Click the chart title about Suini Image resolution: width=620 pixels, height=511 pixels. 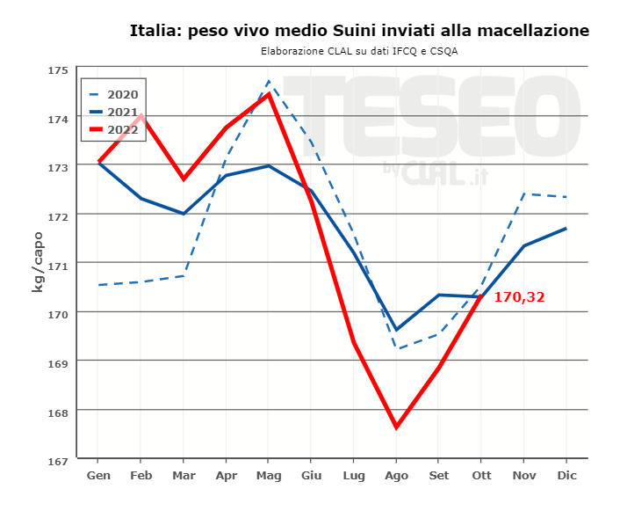click(x=359, y=31)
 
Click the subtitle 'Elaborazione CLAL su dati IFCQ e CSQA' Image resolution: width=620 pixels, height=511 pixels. click(x=359, y=51)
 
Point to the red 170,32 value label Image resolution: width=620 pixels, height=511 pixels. click(x=519, y=297)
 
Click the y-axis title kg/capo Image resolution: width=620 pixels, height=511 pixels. click(x=38, y=261)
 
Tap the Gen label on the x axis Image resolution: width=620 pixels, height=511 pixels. click(x=97, y=475)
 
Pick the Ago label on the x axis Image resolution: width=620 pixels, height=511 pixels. click(x=396, y=475)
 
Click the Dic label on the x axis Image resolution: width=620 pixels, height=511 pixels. click(x=566, y=475)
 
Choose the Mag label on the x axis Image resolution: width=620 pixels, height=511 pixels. click(x=268, y=475)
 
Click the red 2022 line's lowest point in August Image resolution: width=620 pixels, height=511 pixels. click(x=396, y=427)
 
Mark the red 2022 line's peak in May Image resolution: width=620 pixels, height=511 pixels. click(x=268, y=93)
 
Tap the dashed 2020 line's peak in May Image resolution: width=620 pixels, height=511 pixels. click(x=269, y=81)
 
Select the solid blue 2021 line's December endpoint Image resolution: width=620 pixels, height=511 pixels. click(x=566, y=229)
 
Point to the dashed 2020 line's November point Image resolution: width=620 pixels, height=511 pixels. click(x=524, y=193)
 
